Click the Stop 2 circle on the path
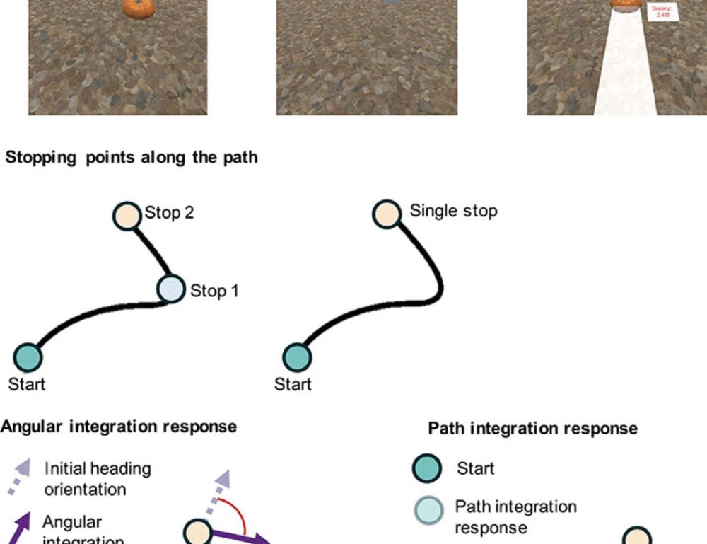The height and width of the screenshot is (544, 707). (127, 215)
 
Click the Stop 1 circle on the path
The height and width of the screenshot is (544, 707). (170, 289)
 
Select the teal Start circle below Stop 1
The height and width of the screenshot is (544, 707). (28, 358)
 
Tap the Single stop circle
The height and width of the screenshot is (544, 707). (387, 214)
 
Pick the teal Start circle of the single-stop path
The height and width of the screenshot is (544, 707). (297, 358)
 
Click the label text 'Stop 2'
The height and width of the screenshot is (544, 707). (170, 213)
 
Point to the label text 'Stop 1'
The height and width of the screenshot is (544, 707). (214, 291)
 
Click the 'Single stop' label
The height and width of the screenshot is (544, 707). (453, 211)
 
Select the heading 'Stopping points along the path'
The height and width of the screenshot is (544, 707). (132, 158)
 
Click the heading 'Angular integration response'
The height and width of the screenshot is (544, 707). (119, 427)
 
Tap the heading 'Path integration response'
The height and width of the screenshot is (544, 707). (532, 429)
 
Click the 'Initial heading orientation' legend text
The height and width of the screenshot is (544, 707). (96, 478)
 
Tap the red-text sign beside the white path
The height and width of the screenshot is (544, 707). (663, 12)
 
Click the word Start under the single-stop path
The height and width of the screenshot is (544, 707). (293, 385)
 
